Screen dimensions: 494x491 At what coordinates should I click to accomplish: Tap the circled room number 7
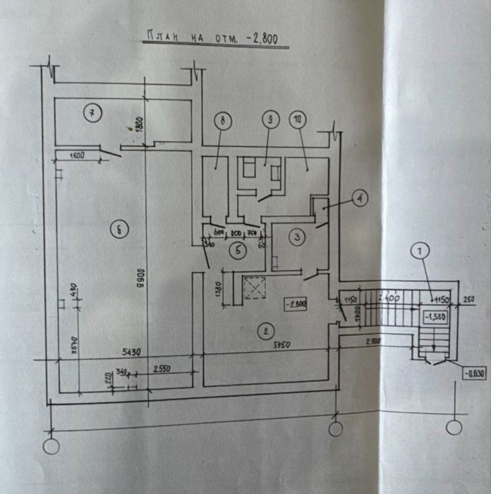tap(92, 112)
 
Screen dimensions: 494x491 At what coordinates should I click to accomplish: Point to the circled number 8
tap(222, 121)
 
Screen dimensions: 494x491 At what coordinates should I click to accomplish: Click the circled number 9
tap(269, 120)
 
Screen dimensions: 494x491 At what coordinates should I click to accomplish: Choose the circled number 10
tap(296, 120)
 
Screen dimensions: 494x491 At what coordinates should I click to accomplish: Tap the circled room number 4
tap(358, 198)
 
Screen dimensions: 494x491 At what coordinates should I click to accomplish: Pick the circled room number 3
tap(298, 237)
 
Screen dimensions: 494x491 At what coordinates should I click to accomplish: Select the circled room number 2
tap(265, 330)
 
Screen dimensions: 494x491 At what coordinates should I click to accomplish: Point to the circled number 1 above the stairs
tap(421, 251)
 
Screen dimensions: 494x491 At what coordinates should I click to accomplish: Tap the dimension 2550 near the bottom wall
tap(163, 369)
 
